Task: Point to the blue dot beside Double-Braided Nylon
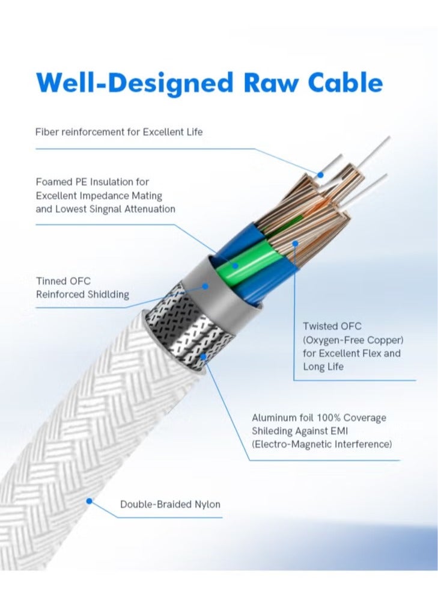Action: [x=90, y=500]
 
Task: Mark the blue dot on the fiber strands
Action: [x=321, y=174]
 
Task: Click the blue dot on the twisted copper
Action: [x=294, y=244]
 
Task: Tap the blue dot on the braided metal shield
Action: [x=204, y=356]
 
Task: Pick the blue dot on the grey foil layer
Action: [x=205, y=287]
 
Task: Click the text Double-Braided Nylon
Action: [x=170, y=504]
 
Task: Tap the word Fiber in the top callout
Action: [x=47, y=131]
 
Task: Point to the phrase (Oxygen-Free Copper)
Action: [x=353, y=339]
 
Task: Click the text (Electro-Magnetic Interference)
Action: [x=321, y=444]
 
